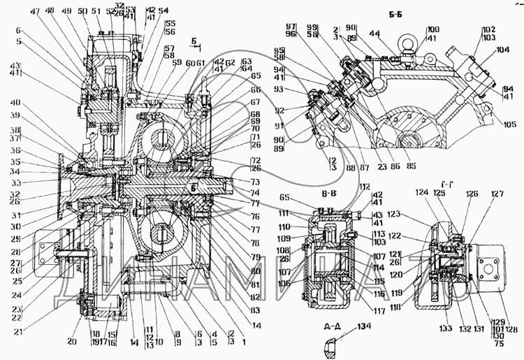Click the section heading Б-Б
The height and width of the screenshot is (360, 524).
pos(385,13)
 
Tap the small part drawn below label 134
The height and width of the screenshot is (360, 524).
pos(330,344)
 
